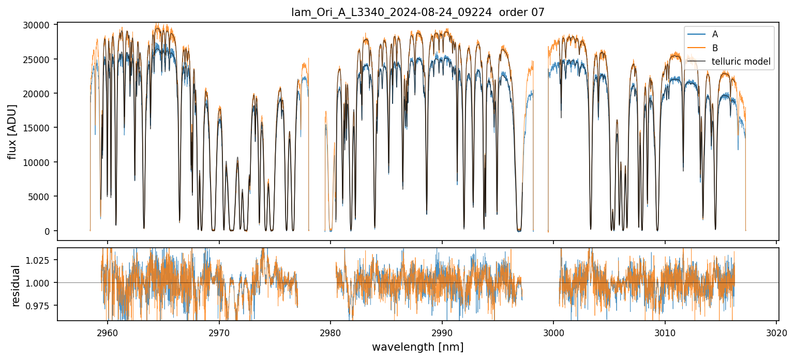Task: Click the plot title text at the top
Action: click(418, 12)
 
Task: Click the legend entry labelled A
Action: click(715, 35)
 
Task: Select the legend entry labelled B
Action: click(715, 48)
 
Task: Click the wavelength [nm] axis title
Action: click(418, 347)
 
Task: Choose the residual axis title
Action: click(16, 286)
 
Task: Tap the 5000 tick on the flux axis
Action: click(41, 197)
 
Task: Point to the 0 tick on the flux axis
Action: click(48, 231)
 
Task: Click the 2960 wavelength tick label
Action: click(108, 331)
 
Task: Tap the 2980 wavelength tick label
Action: click(331, 331)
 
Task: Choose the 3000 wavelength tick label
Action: click(553, 331)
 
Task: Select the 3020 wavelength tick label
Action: click(776, 331)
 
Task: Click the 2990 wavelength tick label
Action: click(442, 331)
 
